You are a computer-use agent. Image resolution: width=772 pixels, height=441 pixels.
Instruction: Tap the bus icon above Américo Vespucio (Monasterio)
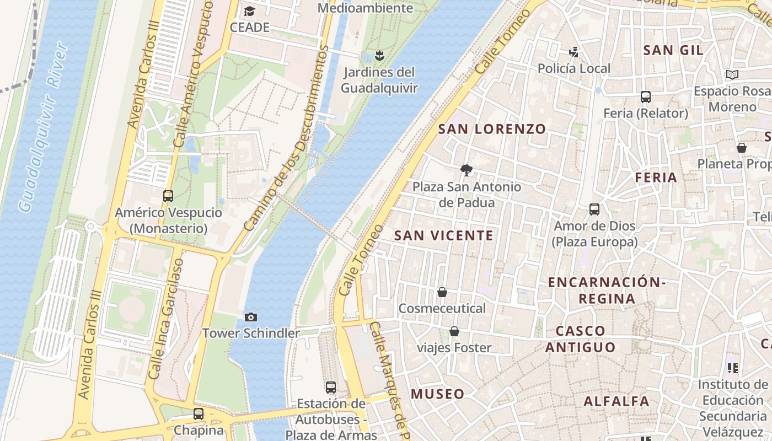click(x=168, y=196)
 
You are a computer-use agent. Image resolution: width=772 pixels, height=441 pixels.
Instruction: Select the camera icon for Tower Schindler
click(x=251, y=317)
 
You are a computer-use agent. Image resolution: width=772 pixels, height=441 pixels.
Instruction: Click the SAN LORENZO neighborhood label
click(x=492, y=129)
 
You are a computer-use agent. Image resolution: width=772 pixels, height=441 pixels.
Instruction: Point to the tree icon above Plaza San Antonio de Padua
click(x=467, y=170)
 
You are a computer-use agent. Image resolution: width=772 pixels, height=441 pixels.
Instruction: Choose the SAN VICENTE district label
click(x=444, y=235)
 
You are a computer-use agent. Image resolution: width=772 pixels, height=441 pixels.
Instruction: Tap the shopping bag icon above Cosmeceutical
click(x=442, y=292)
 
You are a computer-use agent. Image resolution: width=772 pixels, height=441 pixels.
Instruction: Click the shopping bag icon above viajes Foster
click(x=454, y=331)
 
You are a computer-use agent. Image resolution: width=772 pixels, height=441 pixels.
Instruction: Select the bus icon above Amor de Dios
click(x=594, y=209)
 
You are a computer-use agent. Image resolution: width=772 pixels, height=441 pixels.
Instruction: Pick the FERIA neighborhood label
click(x=656, y=178)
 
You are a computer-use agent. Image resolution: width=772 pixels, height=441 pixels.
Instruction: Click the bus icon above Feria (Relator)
click(x=646, y=97)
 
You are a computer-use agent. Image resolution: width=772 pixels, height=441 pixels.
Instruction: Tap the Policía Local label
click(x=574, y=68)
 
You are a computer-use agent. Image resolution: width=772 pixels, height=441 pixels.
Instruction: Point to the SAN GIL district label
click(x=673, y=50)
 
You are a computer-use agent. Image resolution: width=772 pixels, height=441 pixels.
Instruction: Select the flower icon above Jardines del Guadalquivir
click(x=379, y=55)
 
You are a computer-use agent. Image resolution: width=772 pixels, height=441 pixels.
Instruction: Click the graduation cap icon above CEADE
click(x=250, y=11)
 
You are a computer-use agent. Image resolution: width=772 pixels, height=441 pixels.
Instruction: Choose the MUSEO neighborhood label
click(x=438, y=394)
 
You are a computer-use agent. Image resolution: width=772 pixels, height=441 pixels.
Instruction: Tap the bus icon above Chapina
click(x=199, y=414)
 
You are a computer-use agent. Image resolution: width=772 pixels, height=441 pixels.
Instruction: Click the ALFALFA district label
click(x=616, y=401)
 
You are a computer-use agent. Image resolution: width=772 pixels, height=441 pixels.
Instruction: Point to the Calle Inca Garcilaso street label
click(x=164, y=320)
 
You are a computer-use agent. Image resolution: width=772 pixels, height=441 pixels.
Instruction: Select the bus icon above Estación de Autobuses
click(x=331, y=388)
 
